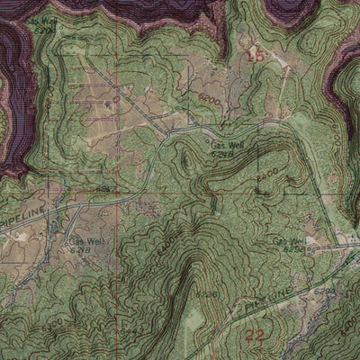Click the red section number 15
click(255, 56)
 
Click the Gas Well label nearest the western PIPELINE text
click(80, 242)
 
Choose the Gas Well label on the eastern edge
click(290, 241)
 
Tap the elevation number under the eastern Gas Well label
click(293, 250)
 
